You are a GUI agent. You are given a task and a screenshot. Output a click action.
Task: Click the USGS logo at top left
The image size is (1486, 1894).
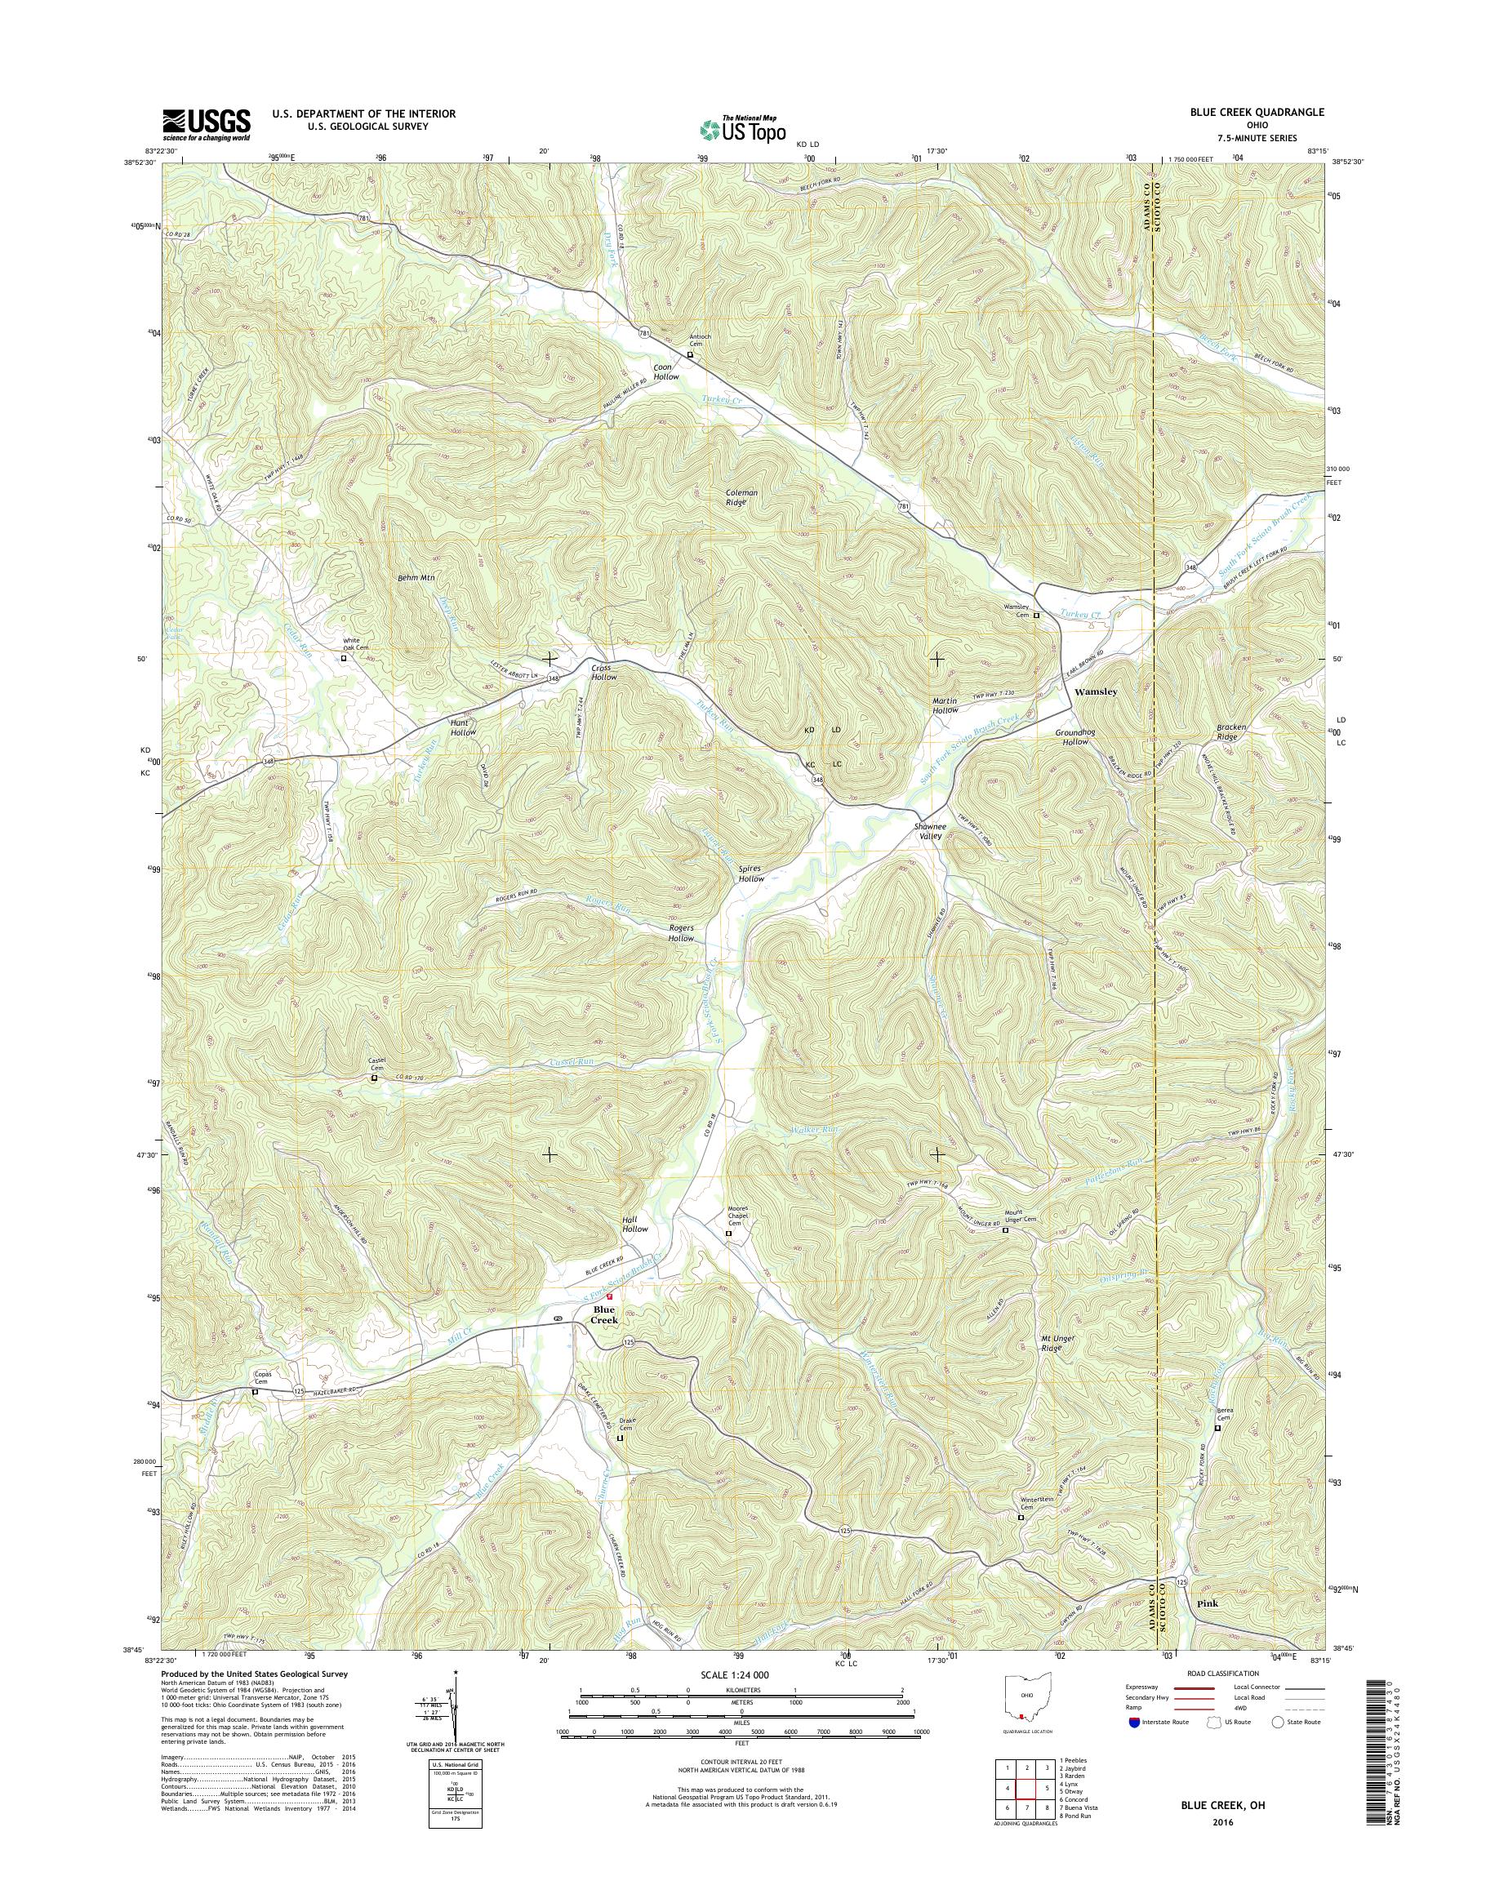click(x=207, y=124)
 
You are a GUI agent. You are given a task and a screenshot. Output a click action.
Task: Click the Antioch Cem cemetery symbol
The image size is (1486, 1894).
click(x=691, y=355)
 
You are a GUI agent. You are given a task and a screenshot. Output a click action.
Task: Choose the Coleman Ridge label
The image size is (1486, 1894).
click(x=742, y=498)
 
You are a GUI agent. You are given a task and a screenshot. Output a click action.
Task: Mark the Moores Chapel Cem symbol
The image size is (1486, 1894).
click(x=729, y=1234)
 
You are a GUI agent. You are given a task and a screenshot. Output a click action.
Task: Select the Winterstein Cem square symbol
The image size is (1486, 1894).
click(x=1021, y=1518)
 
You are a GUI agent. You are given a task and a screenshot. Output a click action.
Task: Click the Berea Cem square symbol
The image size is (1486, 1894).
click(x=1217, y=1428)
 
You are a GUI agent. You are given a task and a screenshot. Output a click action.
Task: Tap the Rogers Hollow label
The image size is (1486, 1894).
click(x=681, y=932)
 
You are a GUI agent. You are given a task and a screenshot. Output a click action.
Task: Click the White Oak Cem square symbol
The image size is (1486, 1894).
click(x=343, y=659)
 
